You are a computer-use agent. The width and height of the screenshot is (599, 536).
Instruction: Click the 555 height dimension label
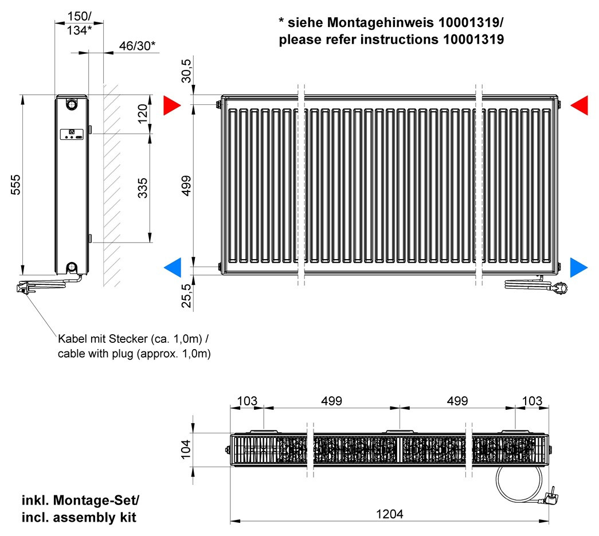[x=15, y=185]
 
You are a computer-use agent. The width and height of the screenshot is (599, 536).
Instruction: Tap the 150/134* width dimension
[x=80, y=23]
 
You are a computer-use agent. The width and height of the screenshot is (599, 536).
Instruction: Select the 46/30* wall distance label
[x=137, y=46]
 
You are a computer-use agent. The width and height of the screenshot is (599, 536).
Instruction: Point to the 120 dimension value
[x=143, y=114]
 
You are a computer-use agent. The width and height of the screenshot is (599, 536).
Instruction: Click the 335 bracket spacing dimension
[x=143, y=187]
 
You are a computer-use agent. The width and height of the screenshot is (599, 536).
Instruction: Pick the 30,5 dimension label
[x=186, y=71]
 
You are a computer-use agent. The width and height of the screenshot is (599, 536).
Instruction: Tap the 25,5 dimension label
[x=186, y=296]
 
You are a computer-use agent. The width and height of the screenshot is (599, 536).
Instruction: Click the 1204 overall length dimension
[x=390, y=514]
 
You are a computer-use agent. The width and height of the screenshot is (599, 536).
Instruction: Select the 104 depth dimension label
[x=186, y=449]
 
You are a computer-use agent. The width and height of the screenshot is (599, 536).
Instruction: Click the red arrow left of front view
[x=172, y=105]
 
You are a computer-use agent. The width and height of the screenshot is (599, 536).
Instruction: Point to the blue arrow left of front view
[x=173, y=268]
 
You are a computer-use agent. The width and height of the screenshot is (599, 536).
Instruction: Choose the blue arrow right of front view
[x=579, y=268]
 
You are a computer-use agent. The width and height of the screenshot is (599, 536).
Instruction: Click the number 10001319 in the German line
[x=469, y=22]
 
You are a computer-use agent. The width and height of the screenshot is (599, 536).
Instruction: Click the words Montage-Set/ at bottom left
[x=96, y=500]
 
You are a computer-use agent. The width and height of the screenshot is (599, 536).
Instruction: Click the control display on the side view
[x=72, y=134]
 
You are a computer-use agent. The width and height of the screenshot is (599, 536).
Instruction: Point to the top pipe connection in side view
[x=72, y=104]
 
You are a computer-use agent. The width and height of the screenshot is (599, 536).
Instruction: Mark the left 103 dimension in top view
[x=247, y=401]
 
